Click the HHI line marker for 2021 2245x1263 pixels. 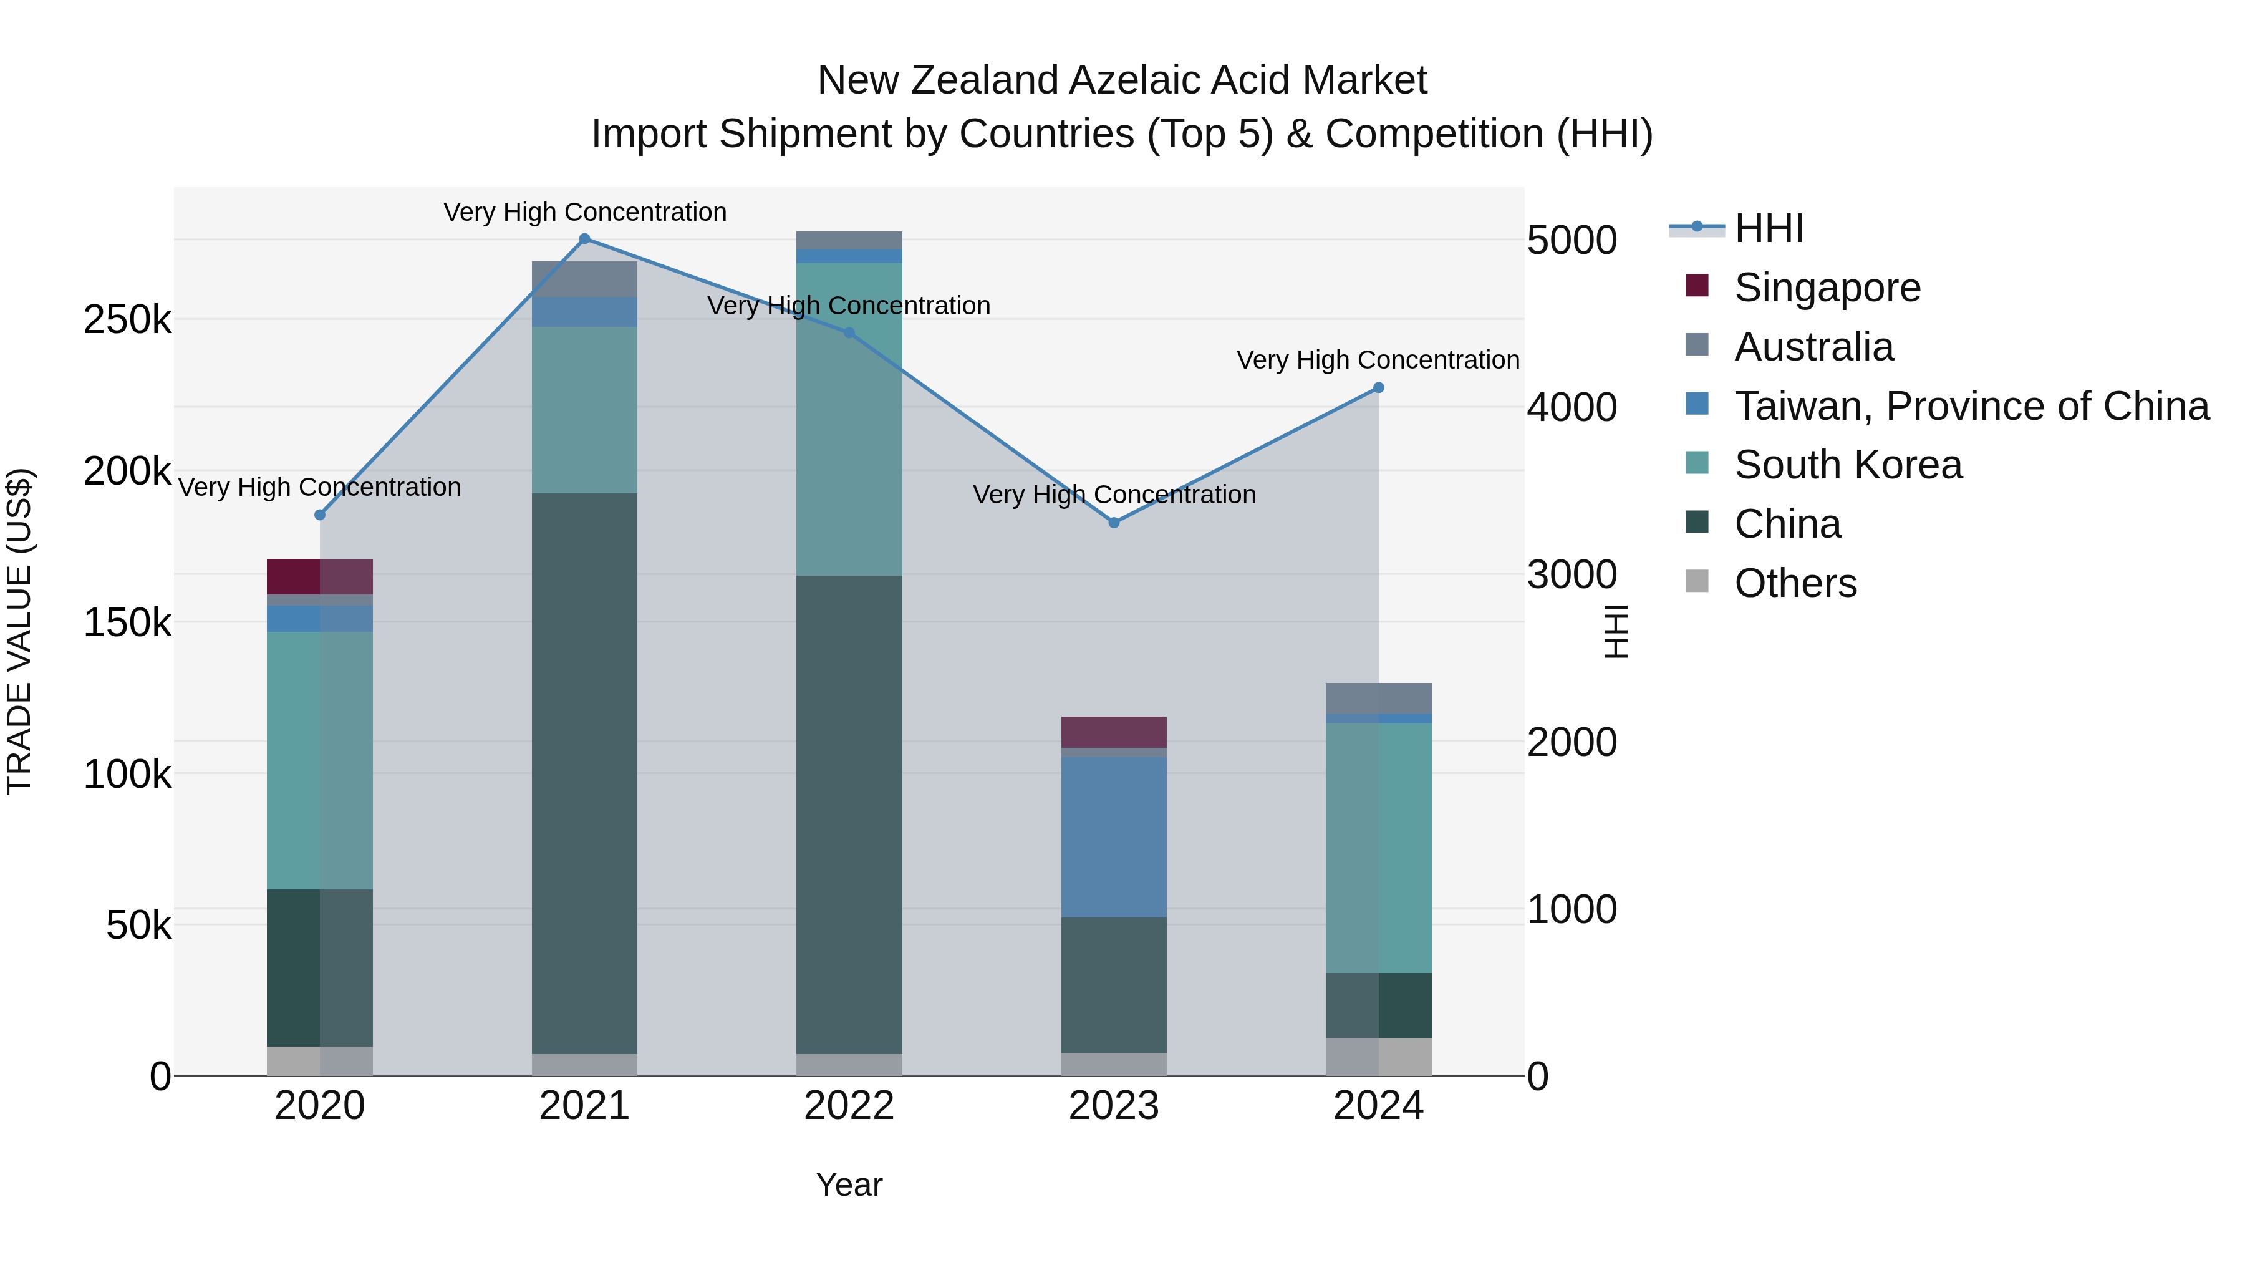585,239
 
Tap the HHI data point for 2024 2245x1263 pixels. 1378,388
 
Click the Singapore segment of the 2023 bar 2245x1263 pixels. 1114,732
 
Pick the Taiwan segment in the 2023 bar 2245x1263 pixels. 1114,837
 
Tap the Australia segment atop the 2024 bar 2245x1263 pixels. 1378,698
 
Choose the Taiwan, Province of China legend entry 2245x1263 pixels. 1971,406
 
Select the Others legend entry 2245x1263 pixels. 1795,583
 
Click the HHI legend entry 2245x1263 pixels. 1769,228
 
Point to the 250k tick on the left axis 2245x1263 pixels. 127,320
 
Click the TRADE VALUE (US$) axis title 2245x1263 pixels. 19,631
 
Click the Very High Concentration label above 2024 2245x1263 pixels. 1378,360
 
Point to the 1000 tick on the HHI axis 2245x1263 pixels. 1571,909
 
